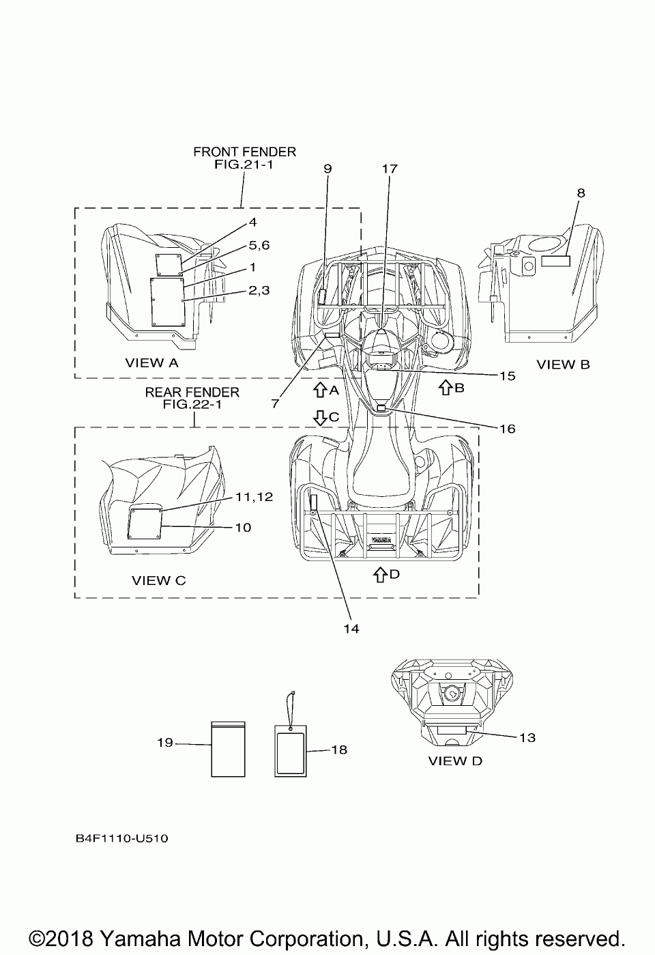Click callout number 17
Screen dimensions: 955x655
[390, 168]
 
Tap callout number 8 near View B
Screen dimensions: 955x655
[581, 193]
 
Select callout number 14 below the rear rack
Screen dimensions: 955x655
[351, 629]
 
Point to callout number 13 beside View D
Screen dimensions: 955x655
[527, 737]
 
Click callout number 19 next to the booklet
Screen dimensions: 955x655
[165, 743]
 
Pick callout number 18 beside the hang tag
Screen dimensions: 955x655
[339, 750]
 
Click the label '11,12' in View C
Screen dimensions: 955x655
[254, 497]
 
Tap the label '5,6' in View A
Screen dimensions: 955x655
[259, 245]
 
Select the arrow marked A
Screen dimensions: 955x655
[319, 390]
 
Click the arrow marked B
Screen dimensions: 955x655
[444, 388]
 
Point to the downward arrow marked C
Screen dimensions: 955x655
[319, 417]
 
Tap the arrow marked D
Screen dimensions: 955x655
[379, 575]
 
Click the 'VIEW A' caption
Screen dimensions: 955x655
[151, 362]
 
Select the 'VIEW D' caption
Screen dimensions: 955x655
[455, 760]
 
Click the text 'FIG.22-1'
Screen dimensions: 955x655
[192, 404]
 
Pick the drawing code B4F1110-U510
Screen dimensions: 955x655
[122, 838]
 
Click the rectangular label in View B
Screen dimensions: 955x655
[555, 261]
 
